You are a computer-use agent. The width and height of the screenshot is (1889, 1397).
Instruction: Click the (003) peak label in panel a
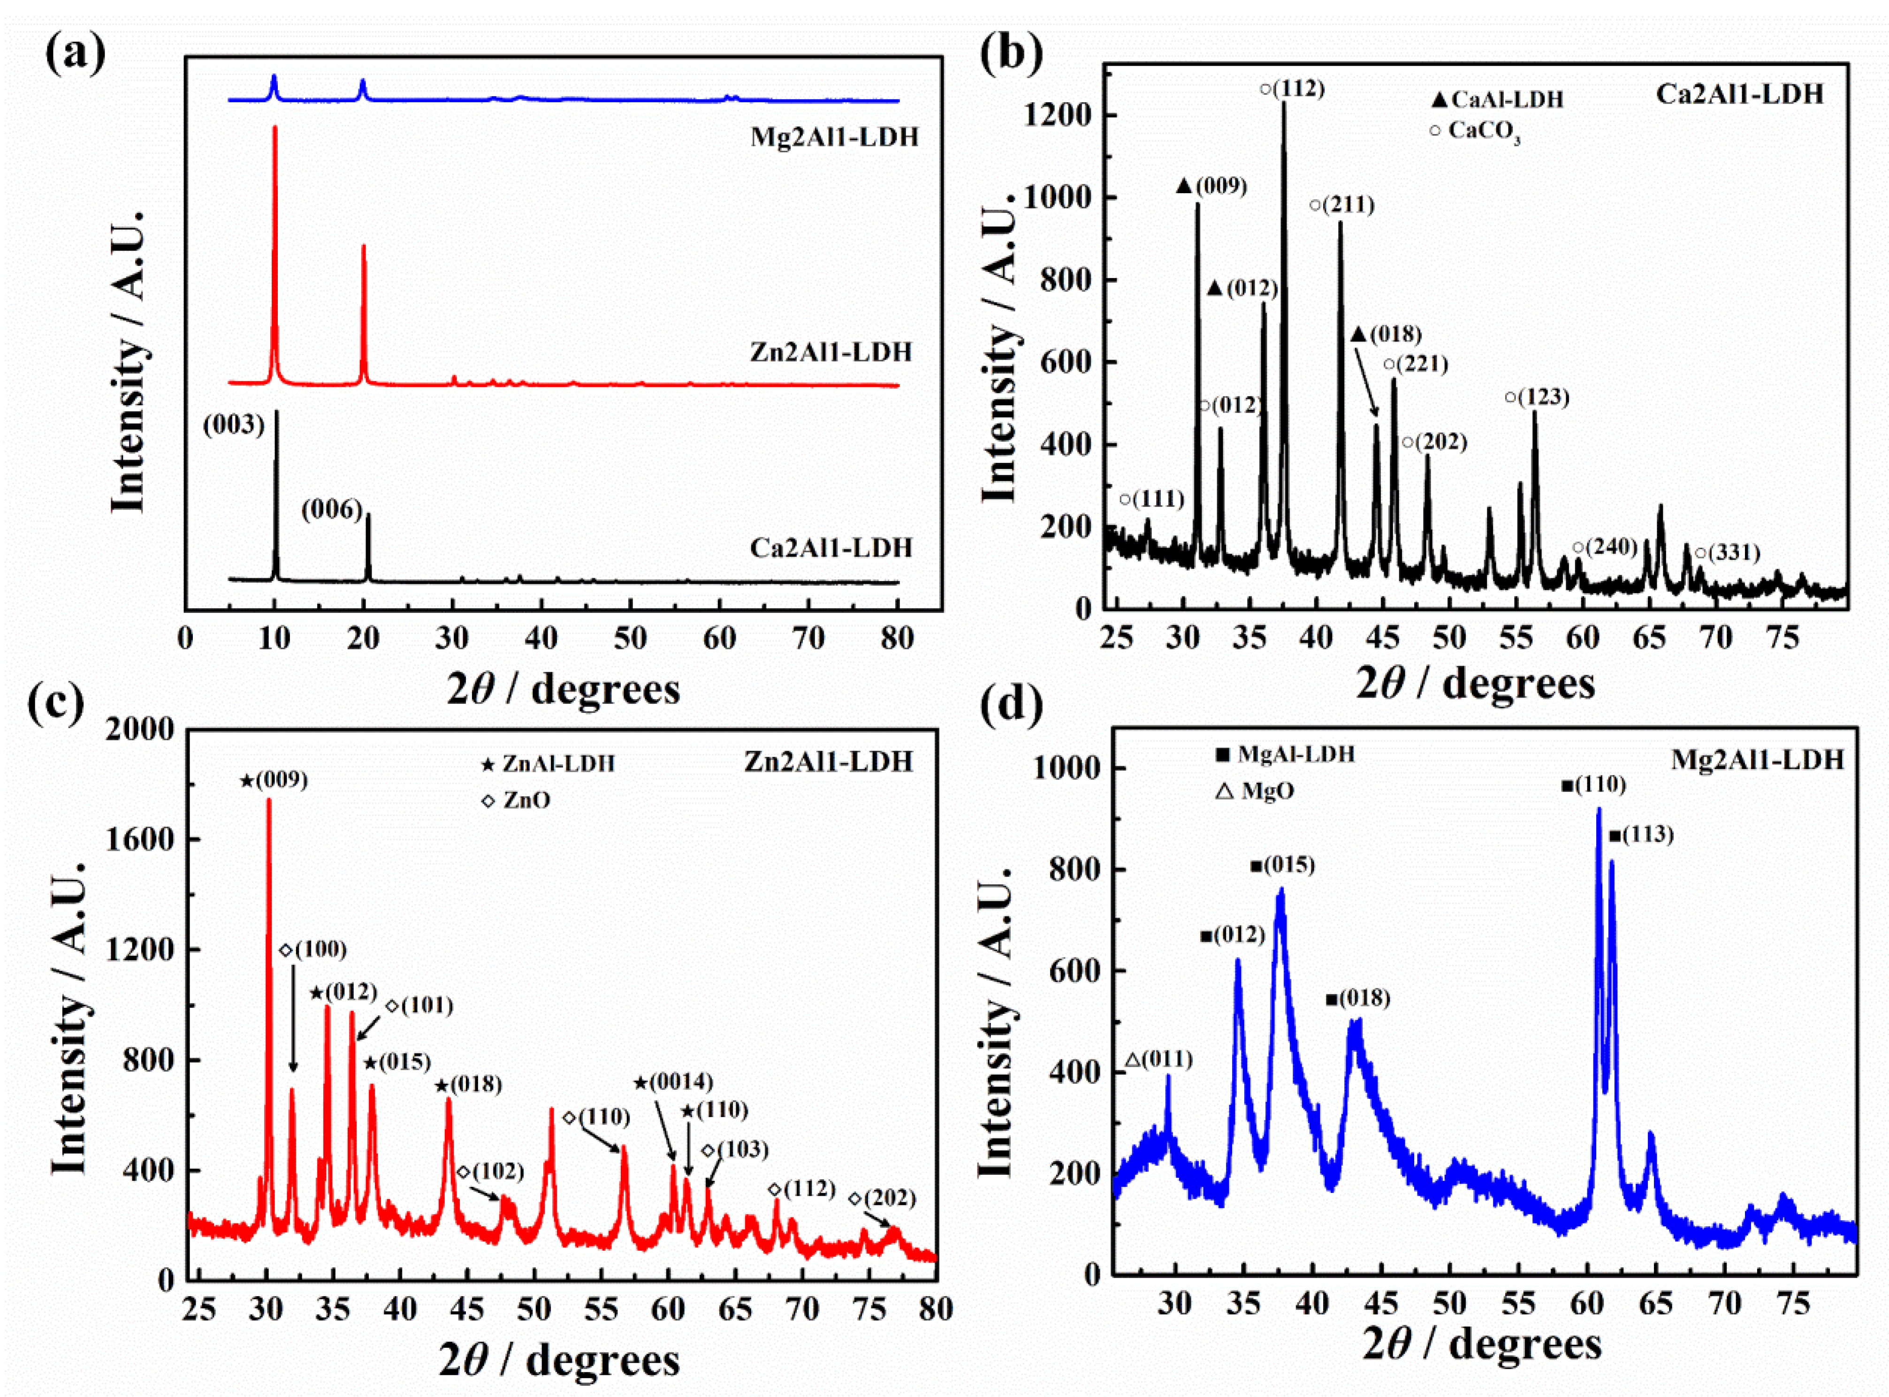[234, 424]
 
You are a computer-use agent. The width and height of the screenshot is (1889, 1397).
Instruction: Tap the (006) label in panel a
[332, 509]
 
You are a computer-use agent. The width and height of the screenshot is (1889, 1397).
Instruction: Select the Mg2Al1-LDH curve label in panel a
[833, 137]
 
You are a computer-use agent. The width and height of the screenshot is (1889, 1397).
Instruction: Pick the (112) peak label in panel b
[1291, 88]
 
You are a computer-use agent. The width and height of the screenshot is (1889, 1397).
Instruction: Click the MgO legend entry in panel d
[1256, 792]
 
